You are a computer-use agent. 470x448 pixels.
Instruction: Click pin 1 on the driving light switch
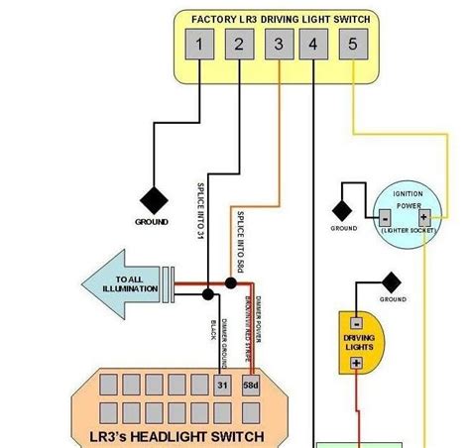pos(200,44)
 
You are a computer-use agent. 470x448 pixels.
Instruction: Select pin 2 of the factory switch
pos(239,44)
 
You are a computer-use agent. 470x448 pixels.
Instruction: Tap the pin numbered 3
pos(277,44)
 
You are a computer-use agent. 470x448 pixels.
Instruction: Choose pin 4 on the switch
pos(314,44)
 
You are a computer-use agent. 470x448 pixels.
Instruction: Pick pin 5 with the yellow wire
pos(352,44)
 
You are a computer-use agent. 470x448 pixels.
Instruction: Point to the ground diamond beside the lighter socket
pos(344,209)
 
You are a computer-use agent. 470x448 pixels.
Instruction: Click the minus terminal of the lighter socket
pos(384,217)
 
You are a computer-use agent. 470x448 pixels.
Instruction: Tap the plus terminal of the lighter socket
pos(423,217)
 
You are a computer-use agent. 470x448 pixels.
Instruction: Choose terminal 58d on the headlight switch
pos(252,386)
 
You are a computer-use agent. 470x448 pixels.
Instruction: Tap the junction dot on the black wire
pos(207,294)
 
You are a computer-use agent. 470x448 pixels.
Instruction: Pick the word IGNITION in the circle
pos(409,195)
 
